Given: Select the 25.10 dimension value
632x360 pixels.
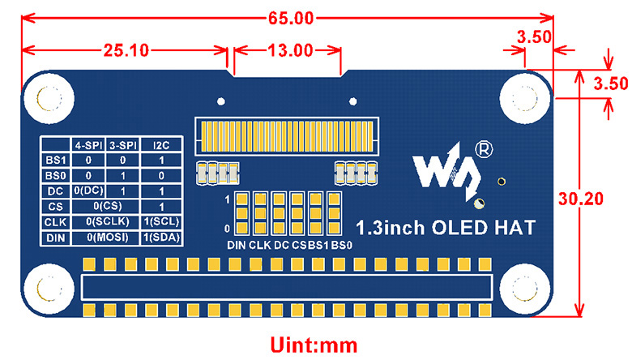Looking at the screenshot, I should point(125,50).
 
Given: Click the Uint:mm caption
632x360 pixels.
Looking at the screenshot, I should point(314,345).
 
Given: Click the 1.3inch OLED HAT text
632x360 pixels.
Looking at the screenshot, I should point(446,228).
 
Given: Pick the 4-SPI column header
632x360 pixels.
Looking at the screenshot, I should point(88,145).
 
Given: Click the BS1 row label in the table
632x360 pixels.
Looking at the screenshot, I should point(55,161).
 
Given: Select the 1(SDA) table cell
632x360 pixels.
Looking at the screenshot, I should point(161,238).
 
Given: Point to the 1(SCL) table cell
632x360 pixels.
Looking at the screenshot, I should point(161,222).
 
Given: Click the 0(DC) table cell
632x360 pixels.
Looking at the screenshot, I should point(88,191).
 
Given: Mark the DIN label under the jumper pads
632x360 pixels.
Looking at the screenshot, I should point(236,245).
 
